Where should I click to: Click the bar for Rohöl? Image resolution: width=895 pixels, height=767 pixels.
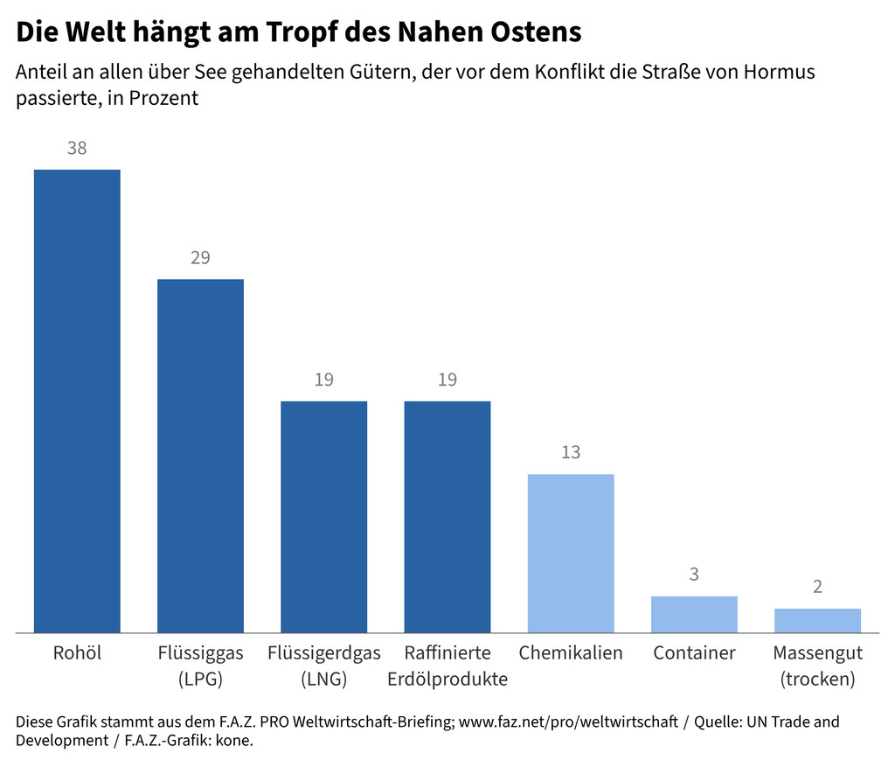pos(77,400)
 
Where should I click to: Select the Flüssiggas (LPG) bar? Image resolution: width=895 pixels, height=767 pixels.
pos(200,455)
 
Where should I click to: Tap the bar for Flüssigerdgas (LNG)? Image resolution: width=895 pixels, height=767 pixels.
pos(323,516)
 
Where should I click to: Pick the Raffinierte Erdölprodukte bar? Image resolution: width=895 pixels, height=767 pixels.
pos(447,516)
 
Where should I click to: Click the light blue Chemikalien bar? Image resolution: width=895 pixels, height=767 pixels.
pos(570,553)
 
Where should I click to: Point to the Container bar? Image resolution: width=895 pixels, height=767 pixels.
pos(694,614)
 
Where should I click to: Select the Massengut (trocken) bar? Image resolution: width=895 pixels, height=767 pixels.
pos(817,620)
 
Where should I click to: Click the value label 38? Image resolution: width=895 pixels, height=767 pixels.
pos(77,149)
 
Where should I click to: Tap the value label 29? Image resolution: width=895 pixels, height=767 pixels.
pos(200,258)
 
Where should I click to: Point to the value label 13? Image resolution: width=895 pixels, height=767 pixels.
pos(570,453)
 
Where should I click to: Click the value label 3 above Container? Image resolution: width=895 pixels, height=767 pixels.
pos(694,575)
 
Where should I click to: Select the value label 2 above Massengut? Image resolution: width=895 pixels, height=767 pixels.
pos(817,587)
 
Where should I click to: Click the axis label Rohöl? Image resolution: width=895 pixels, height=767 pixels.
pos(77,653)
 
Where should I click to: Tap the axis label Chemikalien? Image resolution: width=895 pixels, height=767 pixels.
pos(570,653)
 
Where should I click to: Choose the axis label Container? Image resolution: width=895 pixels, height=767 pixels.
pos(694,653)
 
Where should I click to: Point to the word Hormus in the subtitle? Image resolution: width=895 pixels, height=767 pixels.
pos(778,72)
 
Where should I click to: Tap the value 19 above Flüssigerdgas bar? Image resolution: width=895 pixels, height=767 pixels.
pos(323,380)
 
